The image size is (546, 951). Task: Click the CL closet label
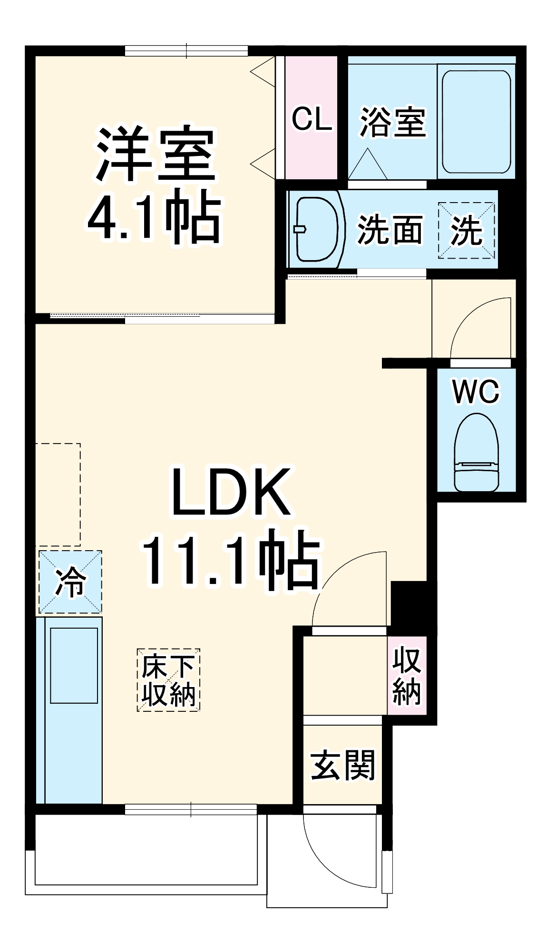click(x=312, y=119)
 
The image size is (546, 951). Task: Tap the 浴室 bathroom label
click(x=392, y=122)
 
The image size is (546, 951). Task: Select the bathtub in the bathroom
click(x=476, y=122)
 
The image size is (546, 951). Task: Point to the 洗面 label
click(x=390, y=230)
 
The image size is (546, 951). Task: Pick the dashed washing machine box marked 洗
click(x=466, y=231)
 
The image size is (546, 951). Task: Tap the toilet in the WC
click(x=476, y=452)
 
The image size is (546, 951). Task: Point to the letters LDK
click(x=231, y=492)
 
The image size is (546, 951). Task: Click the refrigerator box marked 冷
click(x=70, y=582)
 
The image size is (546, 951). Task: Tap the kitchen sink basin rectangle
click(x=74, y=665)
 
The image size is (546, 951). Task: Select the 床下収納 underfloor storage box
click(x=168, y=680)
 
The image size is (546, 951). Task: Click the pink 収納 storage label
click(x=407, y=675)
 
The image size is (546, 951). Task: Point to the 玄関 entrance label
click(x=342, y=766)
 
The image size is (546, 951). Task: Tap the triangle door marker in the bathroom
click(x=367, y=164)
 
